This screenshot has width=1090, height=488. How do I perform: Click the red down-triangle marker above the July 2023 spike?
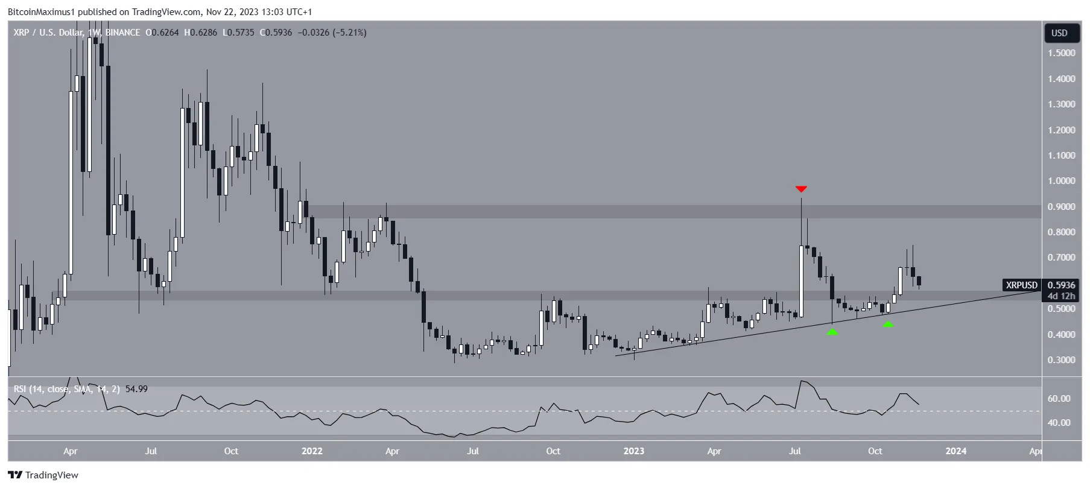pos(801,189)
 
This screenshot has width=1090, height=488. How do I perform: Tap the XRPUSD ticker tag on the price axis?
pos(1021,285)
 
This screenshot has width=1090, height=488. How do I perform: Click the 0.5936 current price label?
pos(1061,285)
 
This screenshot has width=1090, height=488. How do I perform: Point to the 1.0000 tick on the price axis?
pos(1061,181)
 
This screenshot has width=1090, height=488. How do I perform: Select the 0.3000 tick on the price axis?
pos(1061,360)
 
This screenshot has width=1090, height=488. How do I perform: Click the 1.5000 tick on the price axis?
pos(1061,53)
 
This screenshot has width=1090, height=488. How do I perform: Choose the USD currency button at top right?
pos(1059,33)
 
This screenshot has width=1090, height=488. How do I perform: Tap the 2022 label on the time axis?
pos(312,451)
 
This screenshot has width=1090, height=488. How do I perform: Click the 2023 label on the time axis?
pos(633,451)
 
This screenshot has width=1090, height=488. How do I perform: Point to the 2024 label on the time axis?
pos(955,451)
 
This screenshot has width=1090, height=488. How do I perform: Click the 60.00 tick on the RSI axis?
pos(1059,399)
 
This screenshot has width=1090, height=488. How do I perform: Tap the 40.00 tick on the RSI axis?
pos(1059,423)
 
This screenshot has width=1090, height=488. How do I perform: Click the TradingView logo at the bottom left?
pos(43,475)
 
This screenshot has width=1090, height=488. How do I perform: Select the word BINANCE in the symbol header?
pos(122,33)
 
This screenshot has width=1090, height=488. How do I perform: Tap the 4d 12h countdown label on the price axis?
pos(1061,296)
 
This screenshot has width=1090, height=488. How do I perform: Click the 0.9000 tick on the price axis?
pos(1061,207)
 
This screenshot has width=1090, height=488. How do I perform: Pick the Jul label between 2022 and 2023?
pos(473,451)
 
